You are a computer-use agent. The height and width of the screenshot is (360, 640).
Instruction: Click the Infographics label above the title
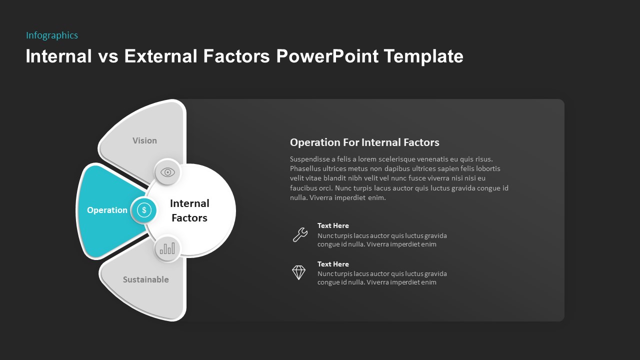(x=52, y=35)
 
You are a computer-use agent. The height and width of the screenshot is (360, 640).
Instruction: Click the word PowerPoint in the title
(x=327, y=56)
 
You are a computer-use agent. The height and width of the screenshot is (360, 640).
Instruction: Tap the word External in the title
(x=161, y=56)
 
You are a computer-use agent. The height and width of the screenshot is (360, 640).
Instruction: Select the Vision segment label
(x=144, y=141)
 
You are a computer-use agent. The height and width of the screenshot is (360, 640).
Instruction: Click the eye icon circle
(x=167, y=172)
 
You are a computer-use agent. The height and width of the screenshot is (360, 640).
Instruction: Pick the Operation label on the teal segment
(x=107, y=210)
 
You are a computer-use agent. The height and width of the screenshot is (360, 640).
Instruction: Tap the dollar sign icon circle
(x=144, y=210)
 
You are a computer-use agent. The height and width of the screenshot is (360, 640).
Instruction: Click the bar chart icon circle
(x=167, y=248)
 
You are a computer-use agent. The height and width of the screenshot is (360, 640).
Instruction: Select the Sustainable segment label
(x=145, y=279)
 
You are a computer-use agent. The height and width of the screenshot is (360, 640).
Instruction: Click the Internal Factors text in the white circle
(x=189, y=210)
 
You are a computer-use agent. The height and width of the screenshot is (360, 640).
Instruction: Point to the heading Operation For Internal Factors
(x=364, y=142)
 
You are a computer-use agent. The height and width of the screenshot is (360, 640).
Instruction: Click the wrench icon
(x=299, y=234)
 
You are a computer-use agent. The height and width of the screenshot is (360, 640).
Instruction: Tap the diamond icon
(x=298, y=272)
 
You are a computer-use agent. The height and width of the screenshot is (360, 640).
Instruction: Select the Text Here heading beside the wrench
(x=333, y=226)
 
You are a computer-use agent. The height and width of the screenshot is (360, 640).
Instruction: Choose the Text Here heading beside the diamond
(x=333, y=264)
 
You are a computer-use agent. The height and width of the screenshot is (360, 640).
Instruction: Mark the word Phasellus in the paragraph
(x=306, y=169)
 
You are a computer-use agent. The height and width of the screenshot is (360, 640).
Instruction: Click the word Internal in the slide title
(x=59, y=56)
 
